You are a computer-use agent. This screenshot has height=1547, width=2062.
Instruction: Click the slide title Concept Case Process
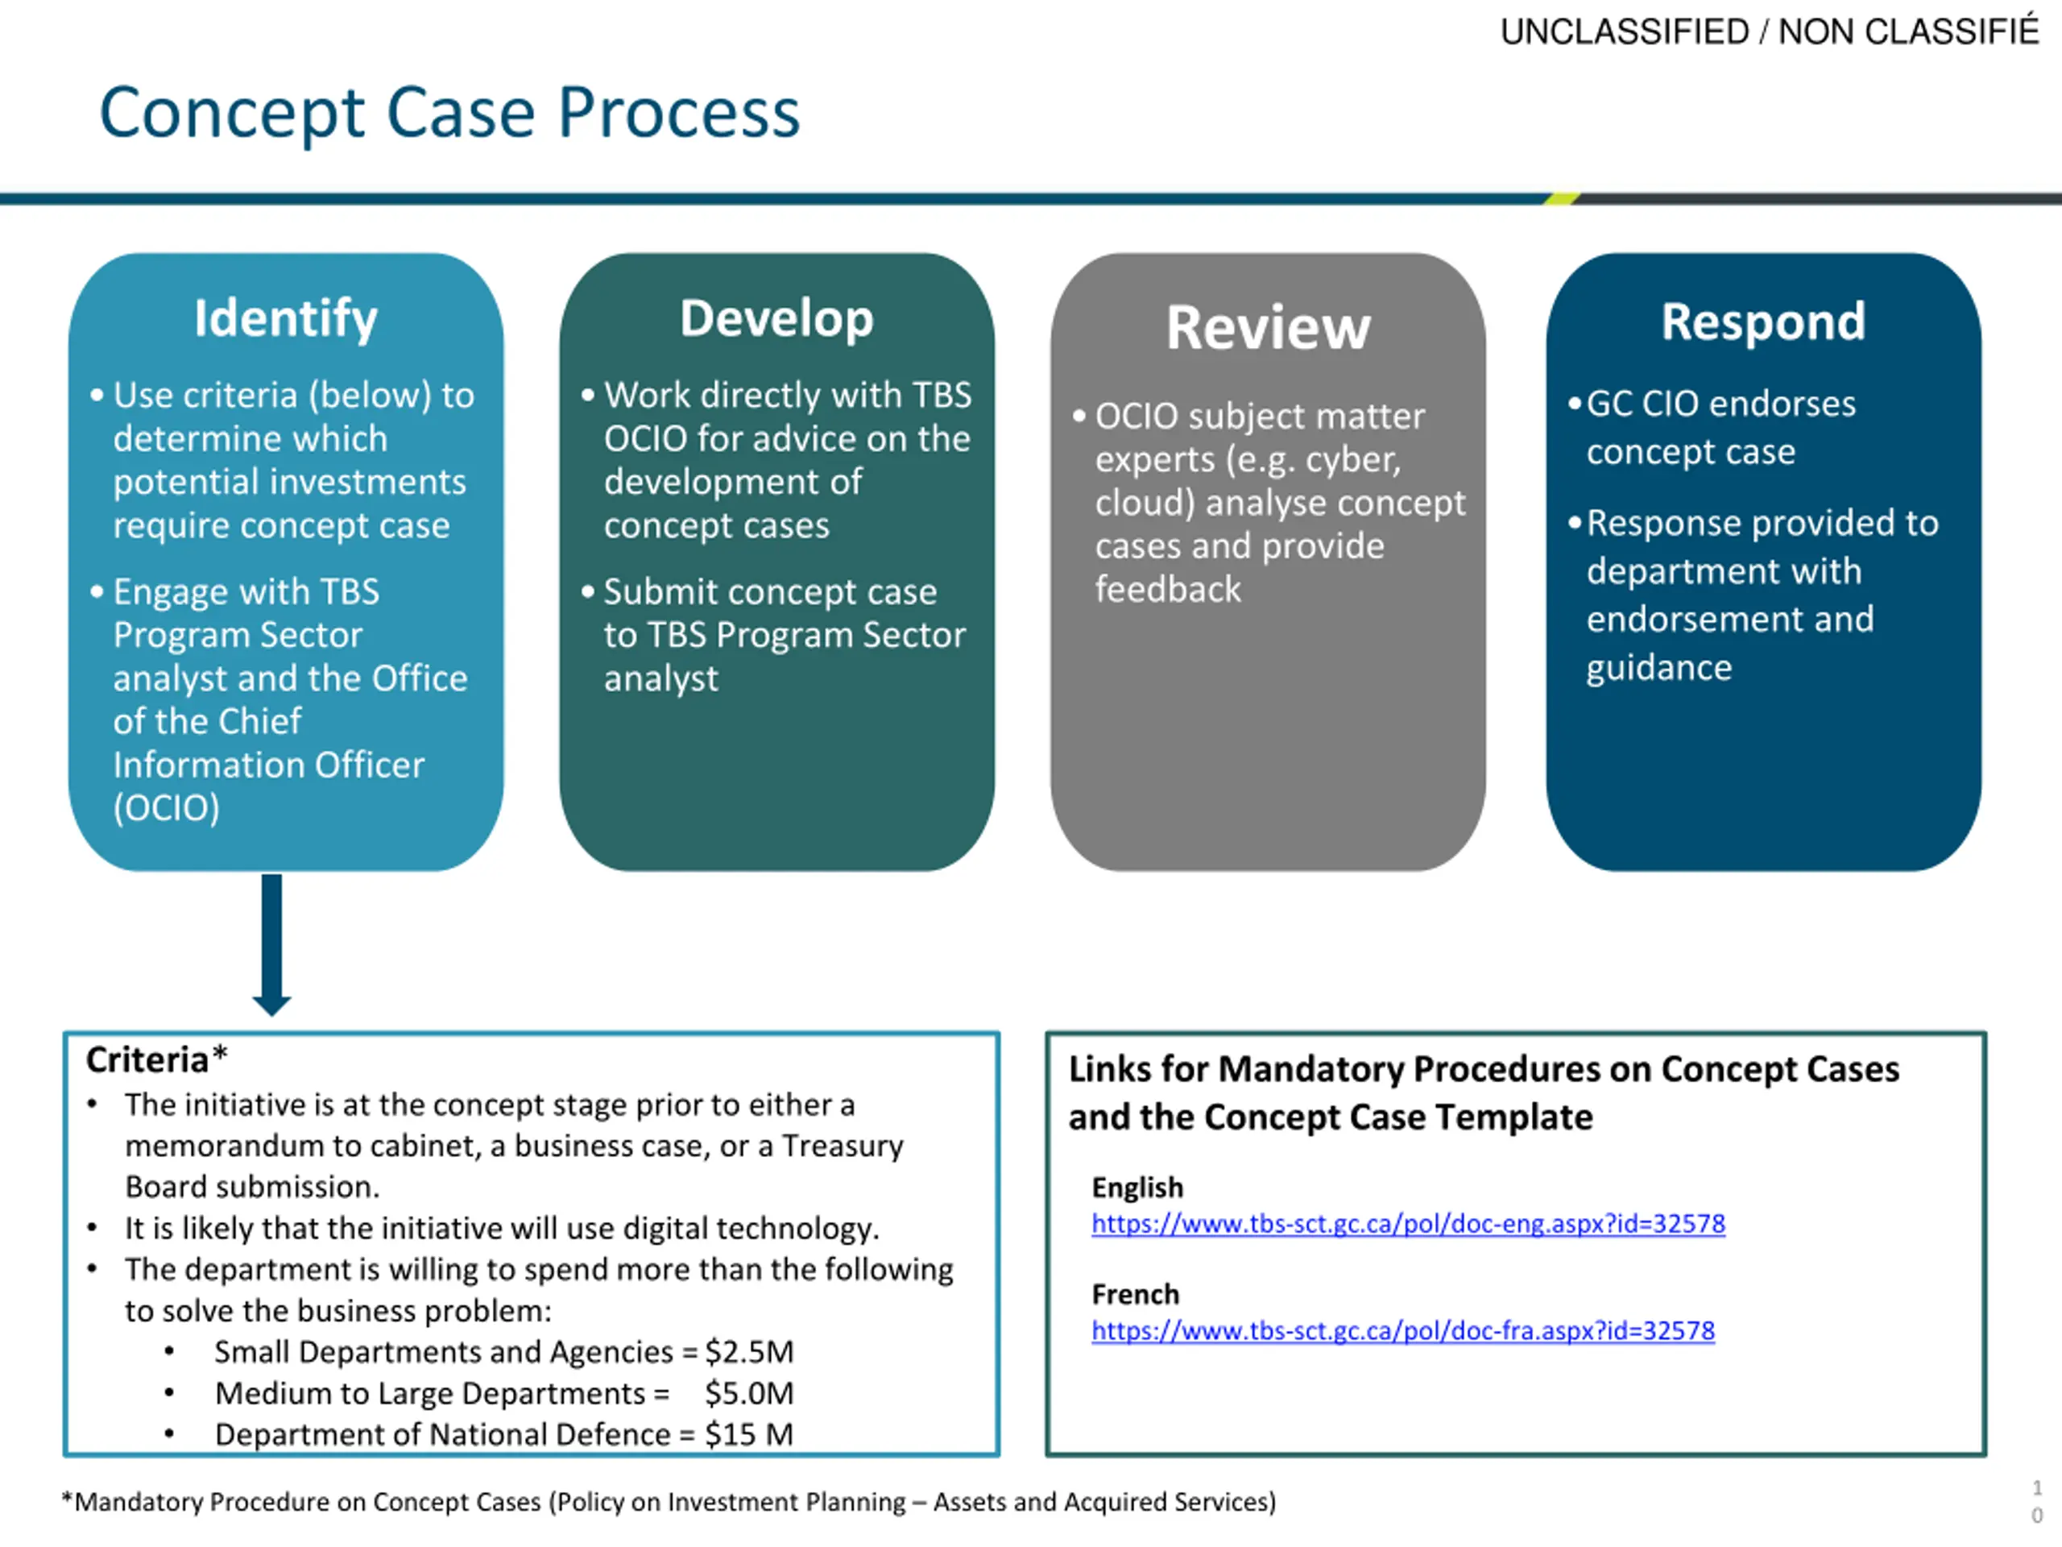(x=449, y=113)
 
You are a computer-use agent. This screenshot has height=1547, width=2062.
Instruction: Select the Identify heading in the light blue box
(x=285, y=319)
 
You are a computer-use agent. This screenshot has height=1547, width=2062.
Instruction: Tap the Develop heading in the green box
(x=776, y=319)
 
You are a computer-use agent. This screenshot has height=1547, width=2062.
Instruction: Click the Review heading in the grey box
(x=1268, y=327)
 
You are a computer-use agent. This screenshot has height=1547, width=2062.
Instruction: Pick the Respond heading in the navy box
(x=1762, y=321)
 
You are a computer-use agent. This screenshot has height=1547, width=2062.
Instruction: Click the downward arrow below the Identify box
(x=271, y=944)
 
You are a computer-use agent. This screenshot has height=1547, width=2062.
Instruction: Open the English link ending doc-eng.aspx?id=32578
(x=1408, y=1223)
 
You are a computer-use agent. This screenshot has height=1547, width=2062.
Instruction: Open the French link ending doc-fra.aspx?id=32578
(x=1402, y=1331)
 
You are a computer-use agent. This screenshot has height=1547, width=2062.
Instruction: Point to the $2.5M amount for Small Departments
(x=748, y=1352)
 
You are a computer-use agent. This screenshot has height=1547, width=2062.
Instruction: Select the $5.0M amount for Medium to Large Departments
(x=748, y=1393)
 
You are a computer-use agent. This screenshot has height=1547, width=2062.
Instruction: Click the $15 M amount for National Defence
(x=748, y=1434)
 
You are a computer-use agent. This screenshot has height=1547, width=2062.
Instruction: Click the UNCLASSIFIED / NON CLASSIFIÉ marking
(x=1768, y=31)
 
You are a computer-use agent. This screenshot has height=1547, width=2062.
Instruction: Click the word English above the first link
(x=1137, y=1187)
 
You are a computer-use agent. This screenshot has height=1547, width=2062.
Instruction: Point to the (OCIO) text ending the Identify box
(x=166, y=807)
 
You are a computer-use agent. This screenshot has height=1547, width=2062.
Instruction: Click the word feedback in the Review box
(x=1168, y=589)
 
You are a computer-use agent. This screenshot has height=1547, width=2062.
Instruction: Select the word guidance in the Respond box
(x=1659, y=668)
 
